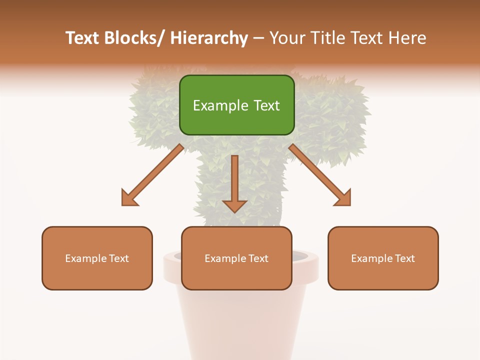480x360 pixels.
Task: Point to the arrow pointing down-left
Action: [x=152, y=175]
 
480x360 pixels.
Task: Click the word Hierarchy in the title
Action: [x=209, y=38]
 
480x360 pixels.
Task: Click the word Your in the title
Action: [x=285, y=38]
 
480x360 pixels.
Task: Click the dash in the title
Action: [x=258, y=38]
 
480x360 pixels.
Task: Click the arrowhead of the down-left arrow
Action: [x=128, y=198]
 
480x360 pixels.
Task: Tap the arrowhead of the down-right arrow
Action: [x=344, y=198]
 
